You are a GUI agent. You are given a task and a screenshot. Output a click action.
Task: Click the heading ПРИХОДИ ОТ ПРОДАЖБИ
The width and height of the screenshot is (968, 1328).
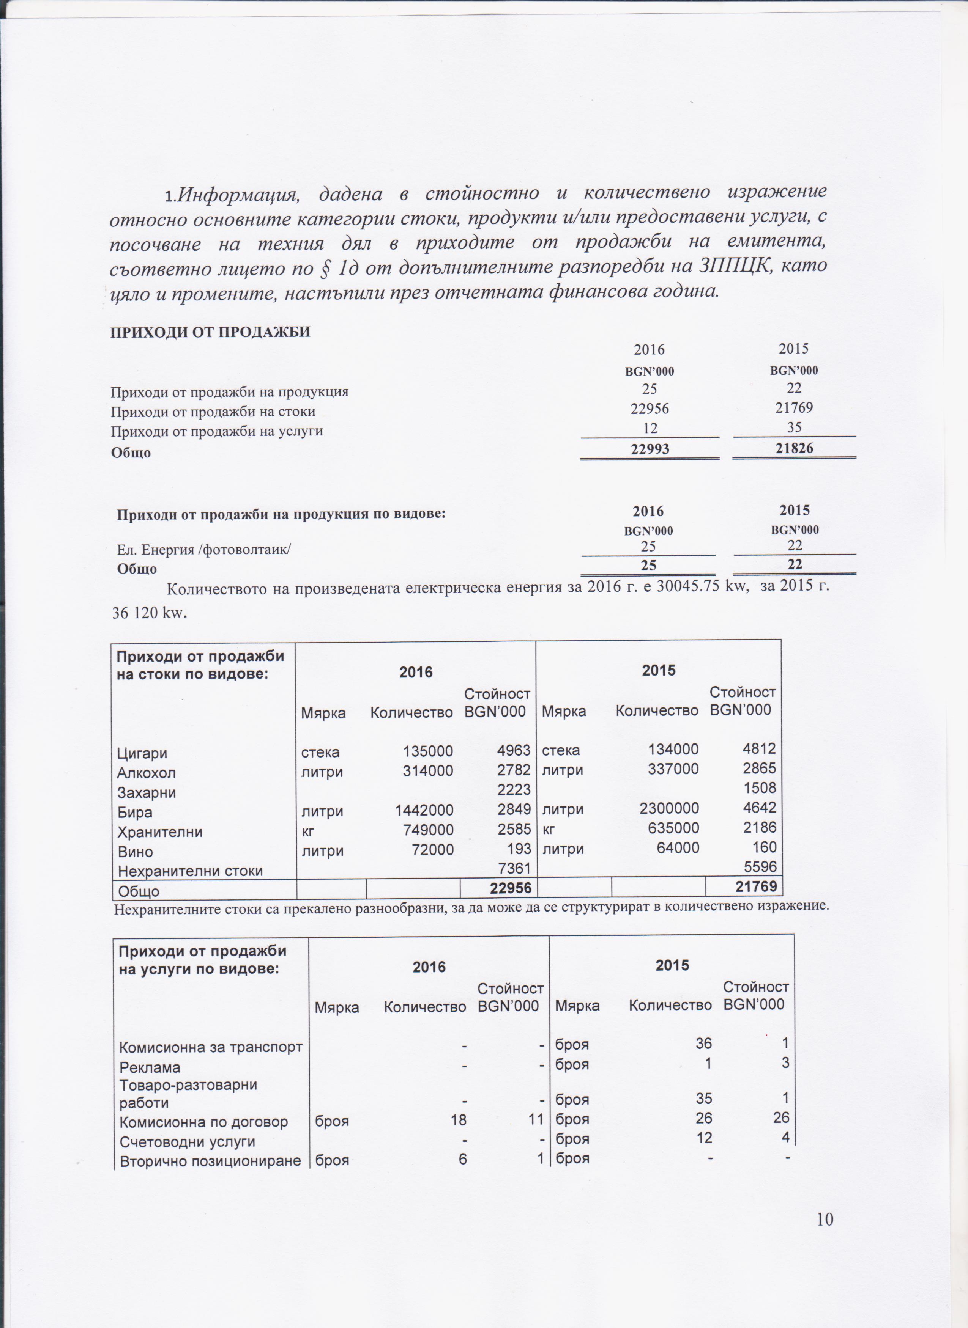click(210, 332)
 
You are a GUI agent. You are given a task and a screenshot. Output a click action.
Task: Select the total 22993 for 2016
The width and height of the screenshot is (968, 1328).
click(649, 448)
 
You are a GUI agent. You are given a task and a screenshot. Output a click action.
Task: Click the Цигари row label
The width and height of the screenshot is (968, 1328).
click(142, 753)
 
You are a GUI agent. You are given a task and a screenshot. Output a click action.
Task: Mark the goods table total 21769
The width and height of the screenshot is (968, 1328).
click(756, 886)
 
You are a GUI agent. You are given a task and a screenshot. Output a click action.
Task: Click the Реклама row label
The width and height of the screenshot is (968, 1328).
click(150, 1067)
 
